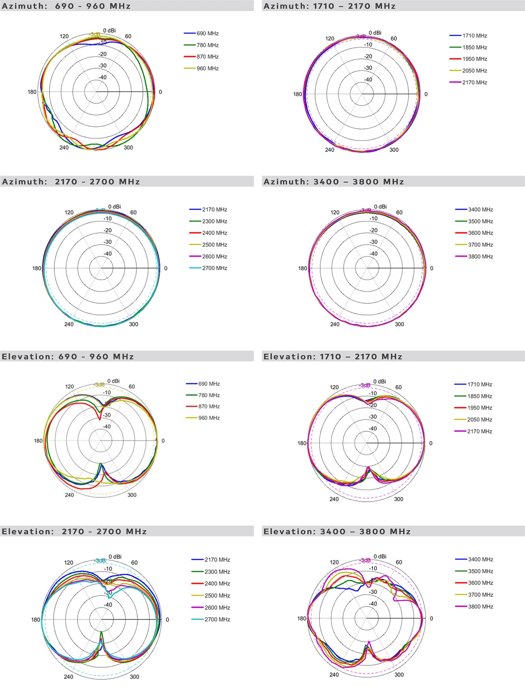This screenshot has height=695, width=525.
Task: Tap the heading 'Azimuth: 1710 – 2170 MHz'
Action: click(x=329, y=6)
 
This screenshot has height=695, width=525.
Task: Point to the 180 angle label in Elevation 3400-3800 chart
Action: click(x=302, y=619)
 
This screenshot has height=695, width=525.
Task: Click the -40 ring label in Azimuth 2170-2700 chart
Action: click(x=107, y=254)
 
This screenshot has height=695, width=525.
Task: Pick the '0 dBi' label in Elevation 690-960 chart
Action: click(x=113, y=381)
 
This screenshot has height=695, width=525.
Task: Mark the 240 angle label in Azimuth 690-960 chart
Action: click(x=64, y=148)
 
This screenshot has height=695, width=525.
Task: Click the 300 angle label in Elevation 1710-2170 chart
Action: click(x=399, y=499)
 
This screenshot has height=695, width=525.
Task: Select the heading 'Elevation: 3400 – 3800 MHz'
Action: click(x=337, y=532)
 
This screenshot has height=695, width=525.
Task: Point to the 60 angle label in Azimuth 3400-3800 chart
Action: click(x=399, y=212)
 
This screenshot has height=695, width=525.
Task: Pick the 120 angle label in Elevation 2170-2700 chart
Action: click(x=69, y=563)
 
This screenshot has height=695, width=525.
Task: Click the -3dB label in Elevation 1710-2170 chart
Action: click(x=365, y=385)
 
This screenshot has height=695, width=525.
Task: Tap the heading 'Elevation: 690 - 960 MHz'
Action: click(x=68, y=357)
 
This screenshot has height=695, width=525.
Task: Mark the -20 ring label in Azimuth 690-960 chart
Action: click(x=103, y=54)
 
